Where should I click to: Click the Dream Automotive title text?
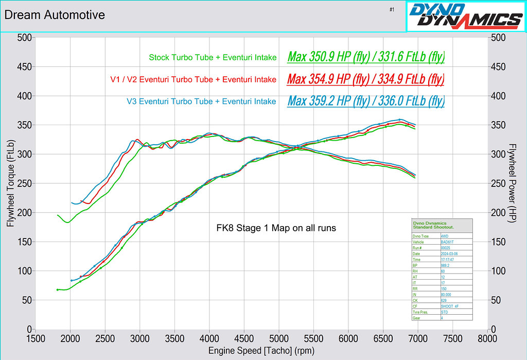pyautogui.click(x=55, y=15)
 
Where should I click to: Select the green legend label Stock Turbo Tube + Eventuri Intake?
pyautogui.click(x=213, y=58)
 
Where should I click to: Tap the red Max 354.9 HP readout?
pyautogui.click(x=366, y=79)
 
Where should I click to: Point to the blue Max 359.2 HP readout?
pyautogui.click(x=366, y=101)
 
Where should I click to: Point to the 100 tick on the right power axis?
pyautogui.click(x=498, y=271)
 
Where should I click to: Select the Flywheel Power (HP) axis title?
pyautogui.click(x=512, y=183)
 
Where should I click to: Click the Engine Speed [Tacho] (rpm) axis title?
pyautogui.click(x=261, y=351)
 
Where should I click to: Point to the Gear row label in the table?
pyautogui.click(x=417, y=318)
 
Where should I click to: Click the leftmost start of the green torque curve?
pyautogui.click(x=58, y=215)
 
